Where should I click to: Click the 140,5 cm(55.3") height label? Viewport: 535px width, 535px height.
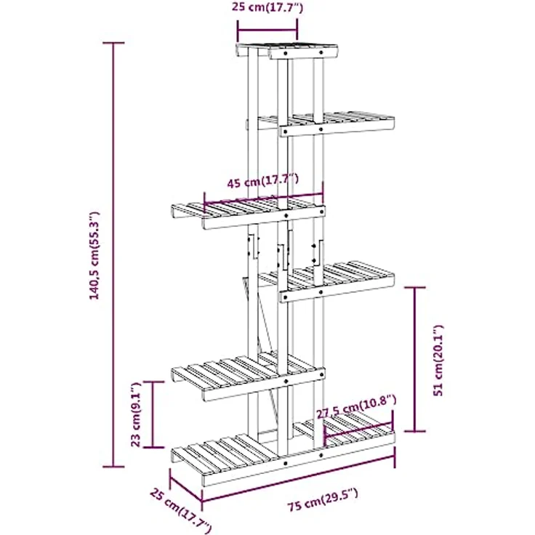point(94,256)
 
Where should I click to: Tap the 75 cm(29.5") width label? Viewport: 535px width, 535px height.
point(323,499)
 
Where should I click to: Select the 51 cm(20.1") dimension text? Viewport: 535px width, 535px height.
point(438,361)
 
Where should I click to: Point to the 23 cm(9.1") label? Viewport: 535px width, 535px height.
point(136,414)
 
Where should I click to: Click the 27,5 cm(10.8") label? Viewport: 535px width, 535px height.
point(357,407)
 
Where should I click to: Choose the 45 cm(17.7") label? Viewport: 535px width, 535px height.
point(262,180)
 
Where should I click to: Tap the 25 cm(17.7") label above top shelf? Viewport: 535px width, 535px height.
point(267,7)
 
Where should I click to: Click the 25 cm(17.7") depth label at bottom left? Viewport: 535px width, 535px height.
point(180,510)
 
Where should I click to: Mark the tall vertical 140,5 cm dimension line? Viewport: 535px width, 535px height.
point(113,254)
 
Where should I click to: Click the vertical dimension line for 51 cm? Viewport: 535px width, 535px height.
point(414,359)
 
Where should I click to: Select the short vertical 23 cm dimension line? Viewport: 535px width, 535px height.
point(152,414)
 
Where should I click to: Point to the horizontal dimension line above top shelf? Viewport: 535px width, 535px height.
point(267,31)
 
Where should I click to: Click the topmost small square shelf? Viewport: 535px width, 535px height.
point(287,51)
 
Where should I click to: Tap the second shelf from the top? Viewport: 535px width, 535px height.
point(321,124)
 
